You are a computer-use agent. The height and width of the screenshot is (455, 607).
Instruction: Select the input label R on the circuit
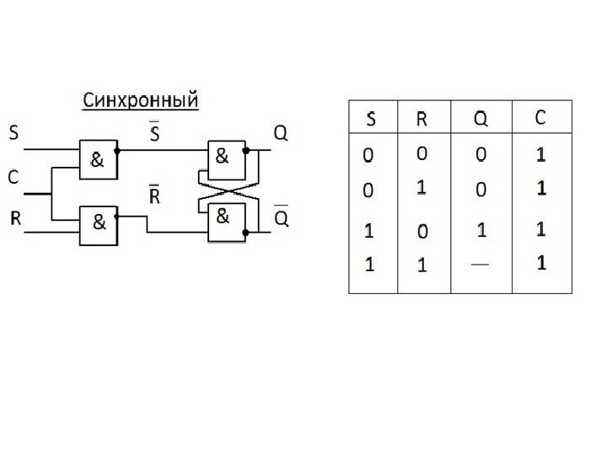[x=14, y=219]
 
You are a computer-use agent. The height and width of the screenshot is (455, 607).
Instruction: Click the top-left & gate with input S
[x=98, y=158]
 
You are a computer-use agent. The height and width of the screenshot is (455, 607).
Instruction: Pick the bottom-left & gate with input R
[x=99, y=224]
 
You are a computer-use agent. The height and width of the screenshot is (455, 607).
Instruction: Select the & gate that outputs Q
[x=224, y=156]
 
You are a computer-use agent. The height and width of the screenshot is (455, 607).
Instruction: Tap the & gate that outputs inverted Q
[x=224, y=219]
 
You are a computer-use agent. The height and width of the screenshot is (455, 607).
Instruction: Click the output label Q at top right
[x=281, y=132]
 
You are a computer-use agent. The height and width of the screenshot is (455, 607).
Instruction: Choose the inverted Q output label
[x=282, y=218]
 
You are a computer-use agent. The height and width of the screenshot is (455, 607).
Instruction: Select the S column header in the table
[x=371, y=120]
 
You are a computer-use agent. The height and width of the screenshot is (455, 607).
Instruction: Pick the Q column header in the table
[x=480, y=120]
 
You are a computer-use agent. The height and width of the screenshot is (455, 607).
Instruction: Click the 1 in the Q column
[x=481, y=228]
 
